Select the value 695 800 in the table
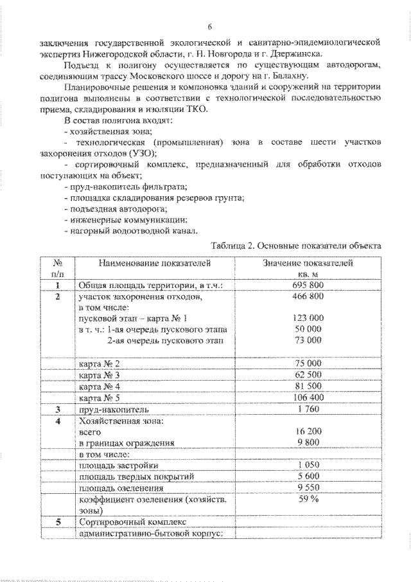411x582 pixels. click(x=308, y=285)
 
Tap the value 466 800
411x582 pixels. click(x=308, y=296)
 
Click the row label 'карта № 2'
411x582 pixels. click(x=99, y=363)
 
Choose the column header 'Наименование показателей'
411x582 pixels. click(x=154, y=263)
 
